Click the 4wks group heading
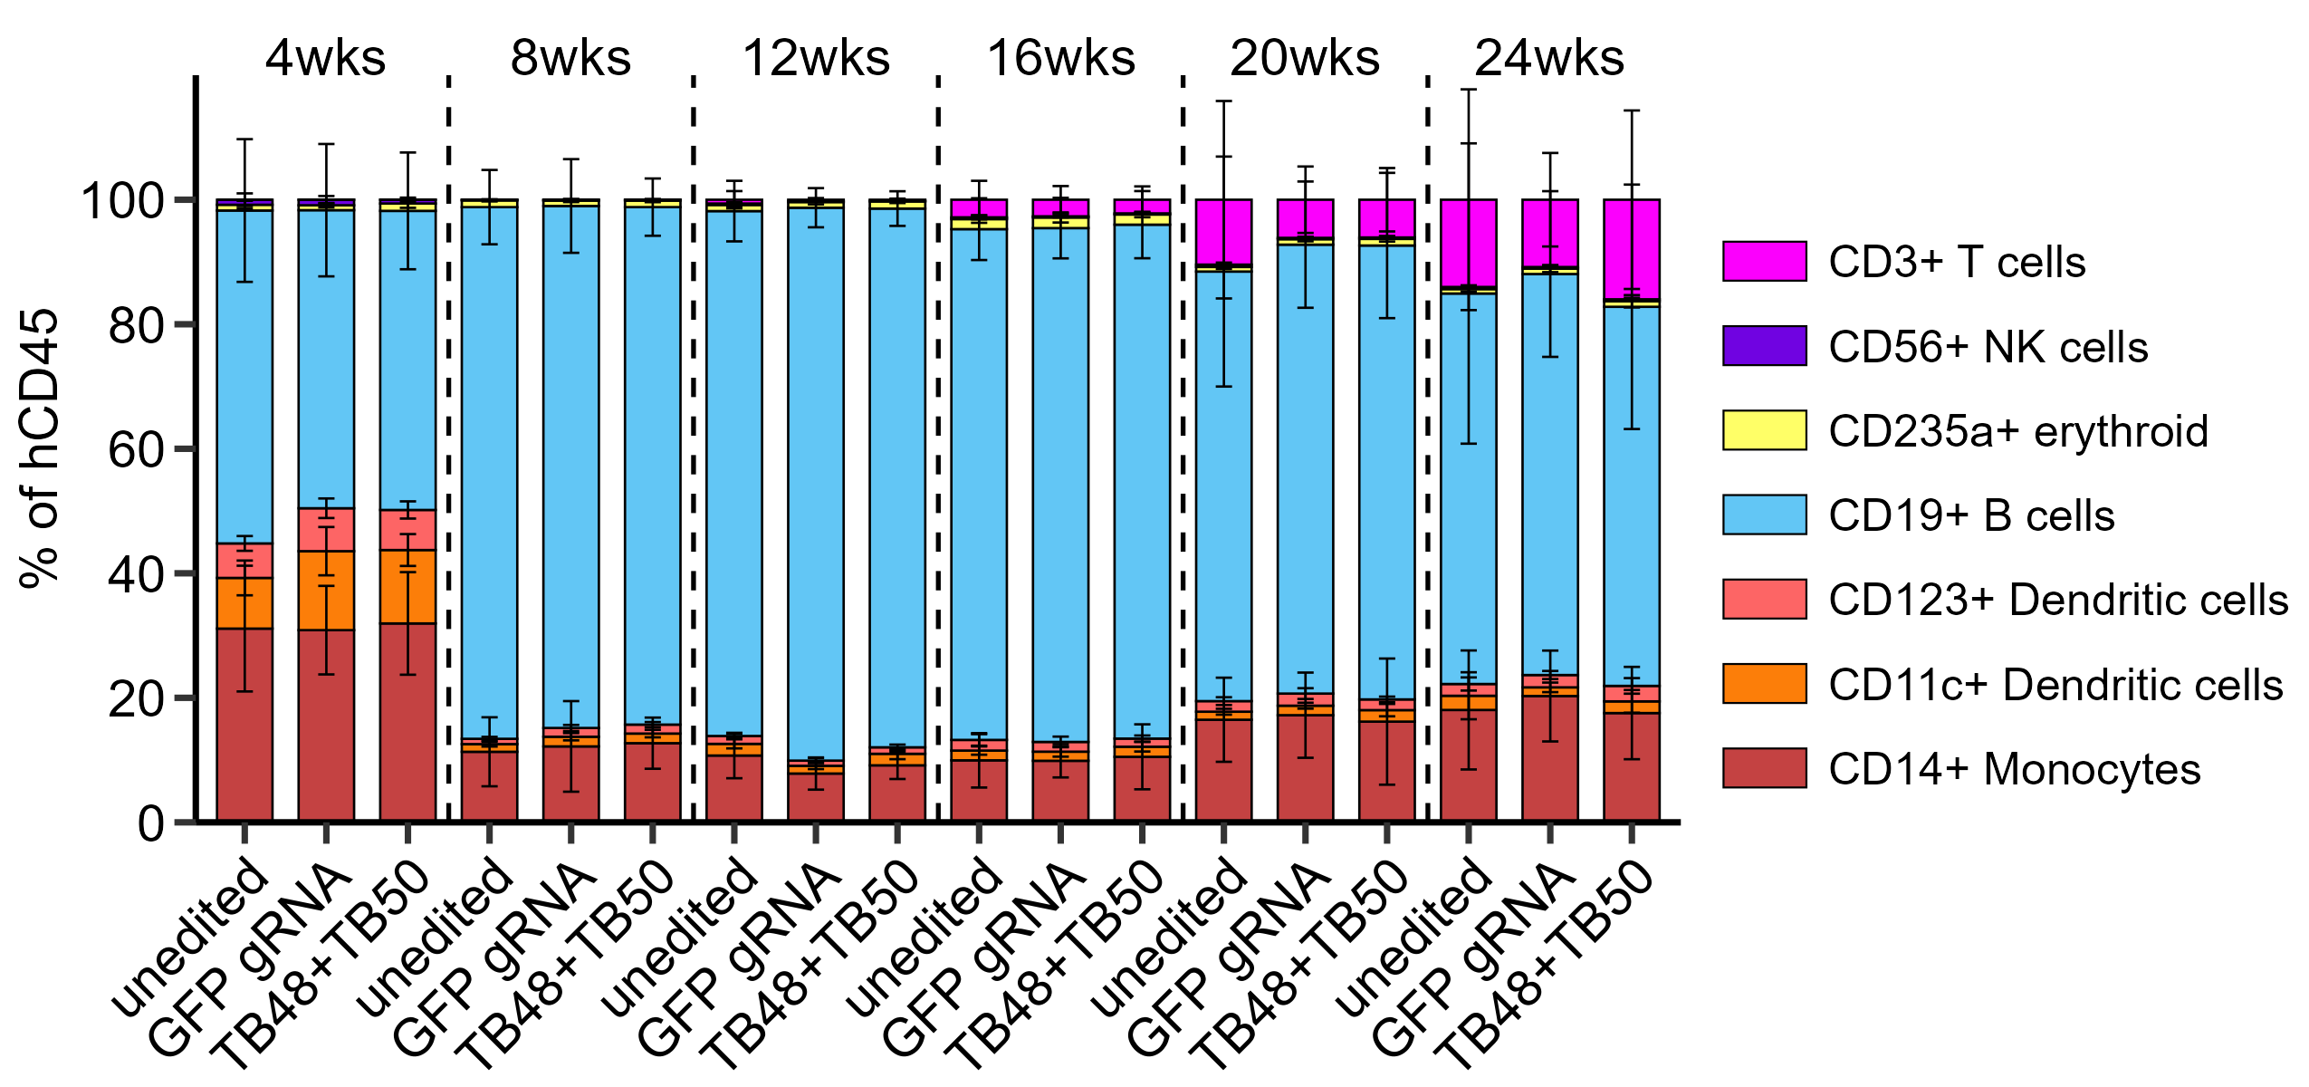[325, 58]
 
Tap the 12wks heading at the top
[816, 58]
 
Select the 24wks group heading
[1549, 58]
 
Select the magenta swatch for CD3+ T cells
[1764, 261]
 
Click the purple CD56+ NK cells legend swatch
[1764, 345]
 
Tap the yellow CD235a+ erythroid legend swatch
[1764, 430]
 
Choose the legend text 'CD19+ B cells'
[1971, 515]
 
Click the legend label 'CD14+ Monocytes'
[2014, 769]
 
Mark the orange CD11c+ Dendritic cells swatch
[1764, 684]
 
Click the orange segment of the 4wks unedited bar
[244, 603]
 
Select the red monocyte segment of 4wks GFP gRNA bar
[326, 725]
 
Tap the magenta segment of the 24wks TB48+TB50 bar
[1632, 249]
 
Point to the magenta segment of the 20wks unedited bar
[1223, 231]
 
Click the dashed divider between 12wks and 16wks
[938, 453]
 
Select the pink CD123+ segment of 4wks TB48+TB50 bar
[407, 530]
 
